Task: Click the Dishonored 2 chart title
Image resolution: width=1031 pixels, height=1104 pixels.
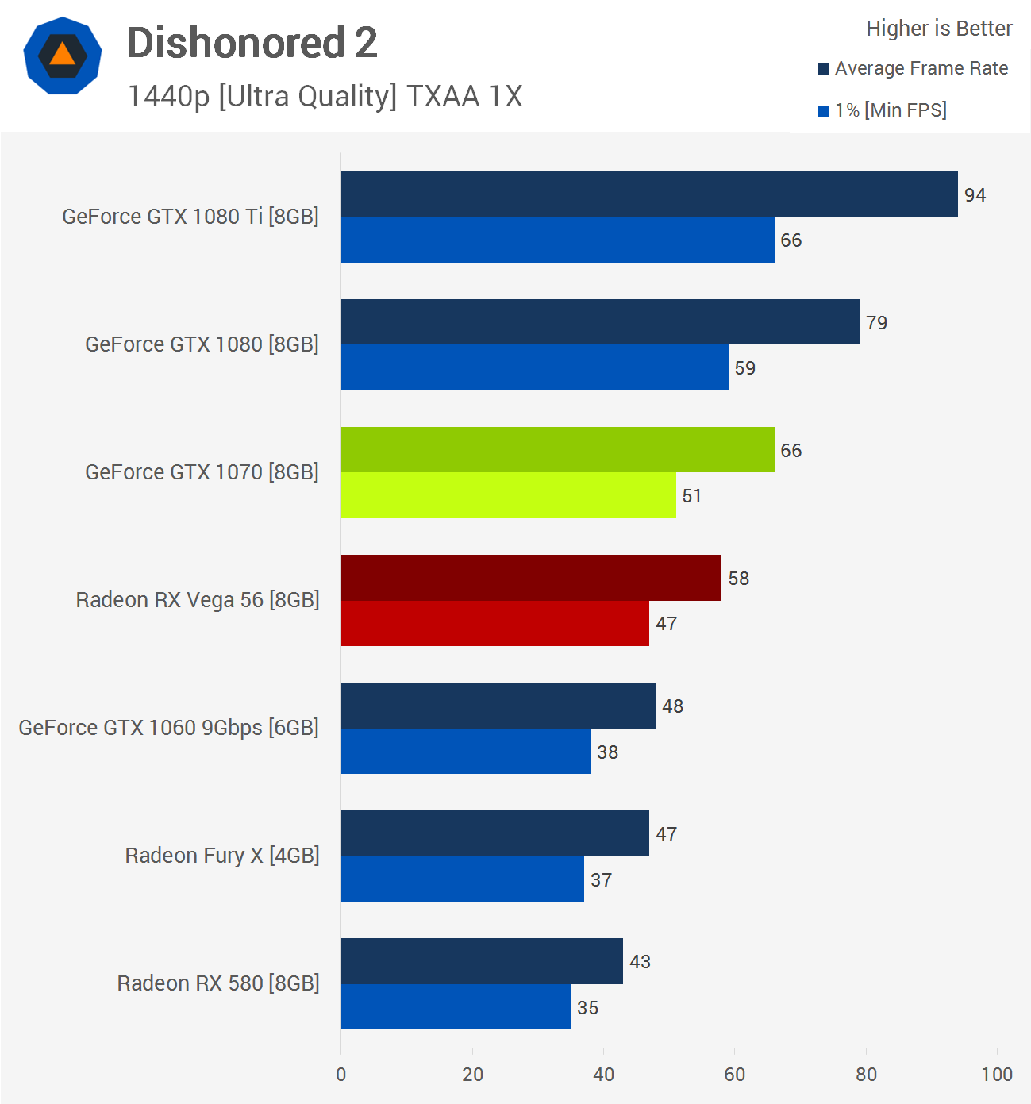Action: [x=252, y=43]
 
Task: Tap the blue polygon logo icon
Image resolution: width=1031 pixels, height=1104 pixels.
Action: [x=63, y=56]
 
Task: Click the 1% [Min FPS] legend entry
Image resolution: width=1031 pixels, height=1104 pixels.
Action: [x=883, y=110]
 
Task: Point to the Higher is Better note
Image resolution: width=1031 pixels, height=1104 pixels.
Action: [x=939, y=29]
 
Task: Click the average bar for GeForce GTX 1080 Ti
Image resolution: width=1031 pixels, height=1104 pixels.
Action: [x=649, y=194]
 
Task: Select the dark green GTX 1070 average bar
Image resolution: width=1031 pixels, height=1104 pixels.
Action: [x=557, y=450]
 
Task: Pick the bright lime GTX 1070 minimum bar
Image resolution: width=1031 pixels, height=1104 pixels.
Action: [x=508, y=495]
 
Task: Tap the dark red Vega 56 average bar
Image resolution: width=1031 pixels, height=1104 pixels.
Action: [x=531, y=578]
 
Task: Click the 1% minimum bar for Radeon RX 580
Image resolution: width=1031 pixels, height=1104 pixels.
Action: [x=456, y=1007]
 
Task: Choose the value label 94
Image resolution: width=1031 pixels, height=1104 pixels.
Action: [x=975, y=195]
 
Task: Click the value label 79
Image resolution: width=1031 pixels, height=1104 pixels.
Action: [x=876, y=323]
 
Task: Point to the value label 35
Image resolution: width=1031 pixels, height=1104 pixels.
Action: [x=587, y=1008]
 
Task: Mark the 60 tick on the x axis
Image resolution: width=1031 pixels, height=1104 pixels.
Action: [x=734, y=1075]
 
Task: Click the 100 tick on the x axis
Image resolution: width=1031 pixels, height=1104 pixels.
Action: [x=996, y=1075]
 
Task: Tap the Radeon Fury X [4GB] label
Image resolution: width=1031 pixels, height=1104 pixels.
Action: [x=222, y=856]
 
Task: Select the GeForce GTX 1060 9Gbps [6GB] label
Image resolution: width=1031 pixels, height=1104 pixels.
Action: [x=168, y=728]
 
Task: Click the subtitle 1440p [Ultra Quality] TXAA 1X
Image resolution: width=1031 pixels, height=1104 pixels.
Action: [x=325, y=97]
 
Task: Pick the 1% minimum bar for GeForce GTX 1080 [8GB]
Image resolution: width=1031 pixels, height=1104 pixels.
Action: [x=534, y=367]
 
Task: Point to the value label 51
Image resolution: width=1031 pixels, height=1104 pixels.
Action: [x=691, y=496]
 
